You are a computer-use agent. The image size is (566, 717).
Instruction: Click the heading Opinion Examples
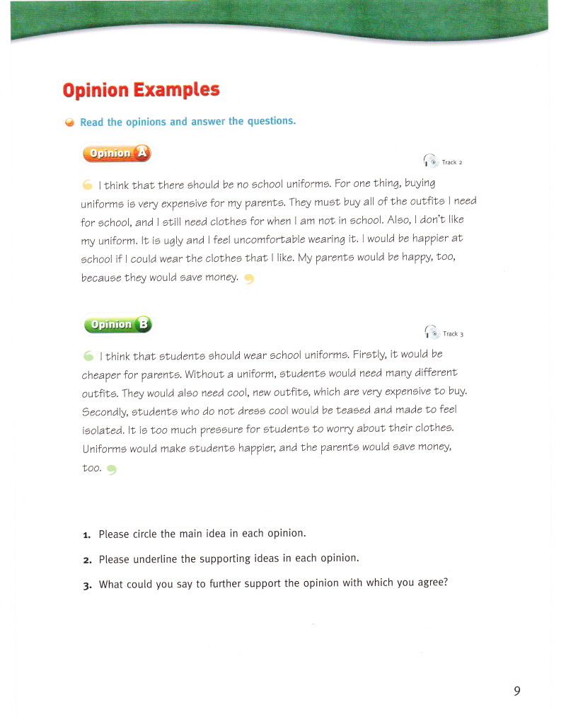(141, 91)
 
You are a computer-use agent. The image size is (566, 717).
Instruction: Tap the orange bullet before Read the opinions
(69, 122)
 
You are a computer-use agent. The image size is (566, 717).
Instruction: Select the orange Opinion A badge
(117, 153)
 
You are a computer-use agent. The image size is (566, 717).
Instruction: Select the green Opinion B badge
(117, 324)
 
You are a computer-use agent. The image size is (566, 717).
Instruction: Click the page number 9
(517, 691)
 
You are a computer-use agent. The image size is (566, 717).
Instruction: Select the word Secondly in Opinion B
(107, 411)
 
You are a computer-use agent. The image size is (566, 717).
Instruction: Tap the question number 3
(86, 585)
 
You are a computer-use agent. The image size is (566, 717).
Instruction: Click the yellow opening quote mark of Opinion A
(87, 185)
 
